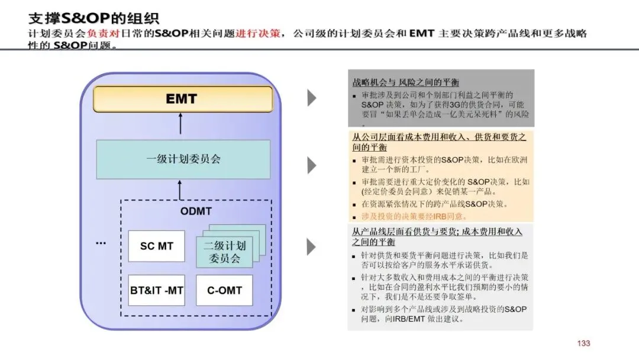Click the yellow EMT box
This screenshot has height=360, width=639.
point(182,99)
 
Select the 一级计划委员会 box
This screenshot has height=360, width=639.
point(183,159)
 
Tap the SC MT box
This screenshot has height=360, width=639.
point(156,246)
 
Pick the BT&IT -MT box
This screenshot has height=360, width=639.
point(156,290)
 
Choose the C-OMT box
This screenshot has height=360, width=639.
point(224,290)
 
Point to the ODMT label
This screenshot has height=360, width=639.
point(195,211)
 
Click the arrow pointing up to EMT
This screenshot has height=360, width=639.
point(182,124)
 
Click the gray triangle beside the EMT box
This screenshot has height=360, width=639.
point(311,98)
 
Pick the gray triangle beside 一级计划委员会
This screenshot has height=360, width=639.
point(311,165)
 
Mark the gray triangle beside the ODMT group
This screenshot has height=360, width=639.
point(311,247)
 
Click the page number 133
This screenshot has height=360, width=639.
point(583,343)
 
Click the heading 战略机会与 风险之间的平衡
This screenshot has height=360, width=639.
point(405,82)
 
